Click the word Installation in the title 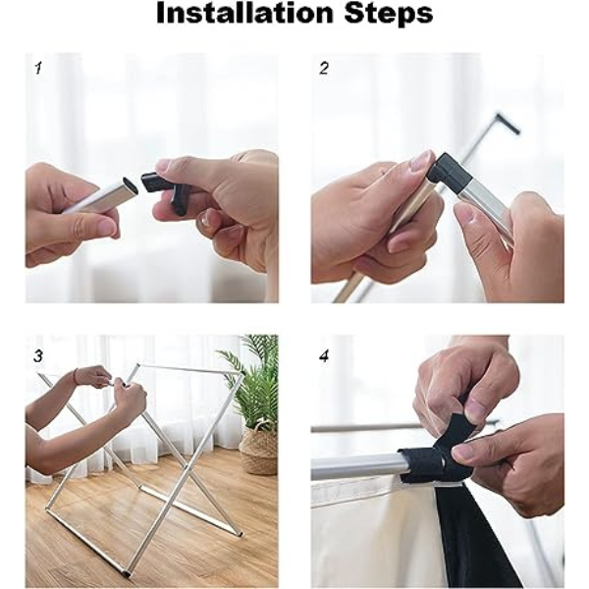[244, 14]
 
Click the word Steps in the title [389, 15]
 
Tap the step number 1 [38, 69]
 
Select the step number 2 [324, 68]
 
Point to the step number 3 [38, 356]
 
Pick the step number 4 [324, 355]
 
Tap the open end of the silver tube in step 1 [131, 185]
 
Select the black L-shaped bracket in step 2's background [508, 123]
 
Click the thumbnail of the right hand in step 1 [171, 165]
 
